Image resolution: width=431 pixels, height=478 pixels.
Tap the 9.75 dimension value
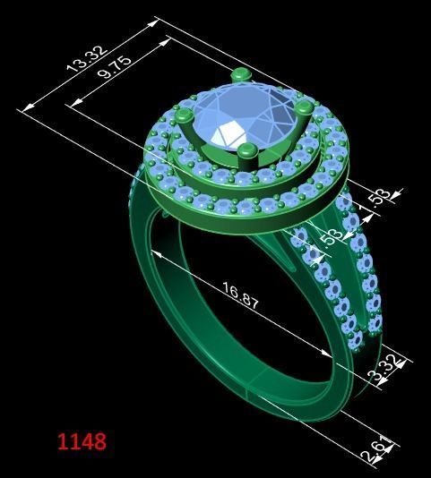coord(115,67)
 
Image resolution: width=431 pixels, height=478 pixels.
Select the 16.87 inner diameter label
coord(240,296)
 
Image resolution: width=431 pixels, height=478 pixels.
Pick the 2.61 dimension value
coord(375,448)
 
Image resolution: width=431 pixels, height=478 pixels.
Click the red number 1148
coord(82,441)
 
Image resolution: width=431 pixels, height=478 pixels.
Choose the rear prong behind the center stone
coord(238,77)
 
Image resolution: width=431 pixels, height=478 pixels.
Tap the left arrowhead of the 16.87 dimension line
coord(155,254)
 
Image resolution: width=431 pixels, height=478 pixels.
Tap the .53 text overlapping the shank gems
coord(329,235)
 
